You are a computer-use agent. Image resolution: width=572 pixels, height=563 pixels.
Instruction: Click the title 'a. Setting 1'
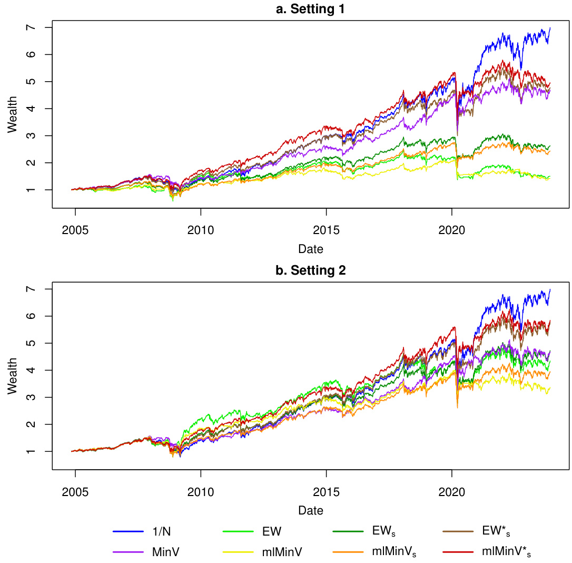pos(311,9)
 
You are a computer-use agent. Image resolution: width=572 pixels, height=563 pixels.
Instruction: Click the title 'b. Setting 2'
pos(311,271)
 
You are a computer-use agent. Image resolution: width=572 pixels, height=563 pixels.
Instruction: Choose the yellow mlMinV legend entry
pos(282,552)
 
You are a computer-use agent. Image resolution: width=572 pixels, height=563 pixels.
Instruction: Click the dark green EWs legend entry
pos(383,532)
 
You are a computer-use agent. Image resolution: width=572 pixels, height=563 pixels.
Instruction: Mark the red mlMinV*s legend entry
pos(506,552)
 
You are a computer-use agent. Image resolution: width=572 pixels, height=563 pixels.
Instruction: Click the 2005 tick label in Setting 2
pos(75,492)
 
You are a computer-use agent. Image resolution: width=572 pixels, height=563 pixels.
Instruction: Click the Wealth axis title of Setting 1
pos(13,114)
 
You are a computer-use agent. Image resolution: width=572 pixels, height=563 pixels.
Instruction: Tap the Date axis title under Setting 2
pos(311,510)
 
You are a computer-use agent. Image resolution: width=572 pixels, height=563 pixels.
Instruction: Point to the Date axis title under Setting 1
pos(311,248)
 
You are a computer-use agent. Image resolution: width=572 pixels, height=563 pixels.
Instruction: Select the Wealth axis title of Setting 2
pos(13,376)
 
